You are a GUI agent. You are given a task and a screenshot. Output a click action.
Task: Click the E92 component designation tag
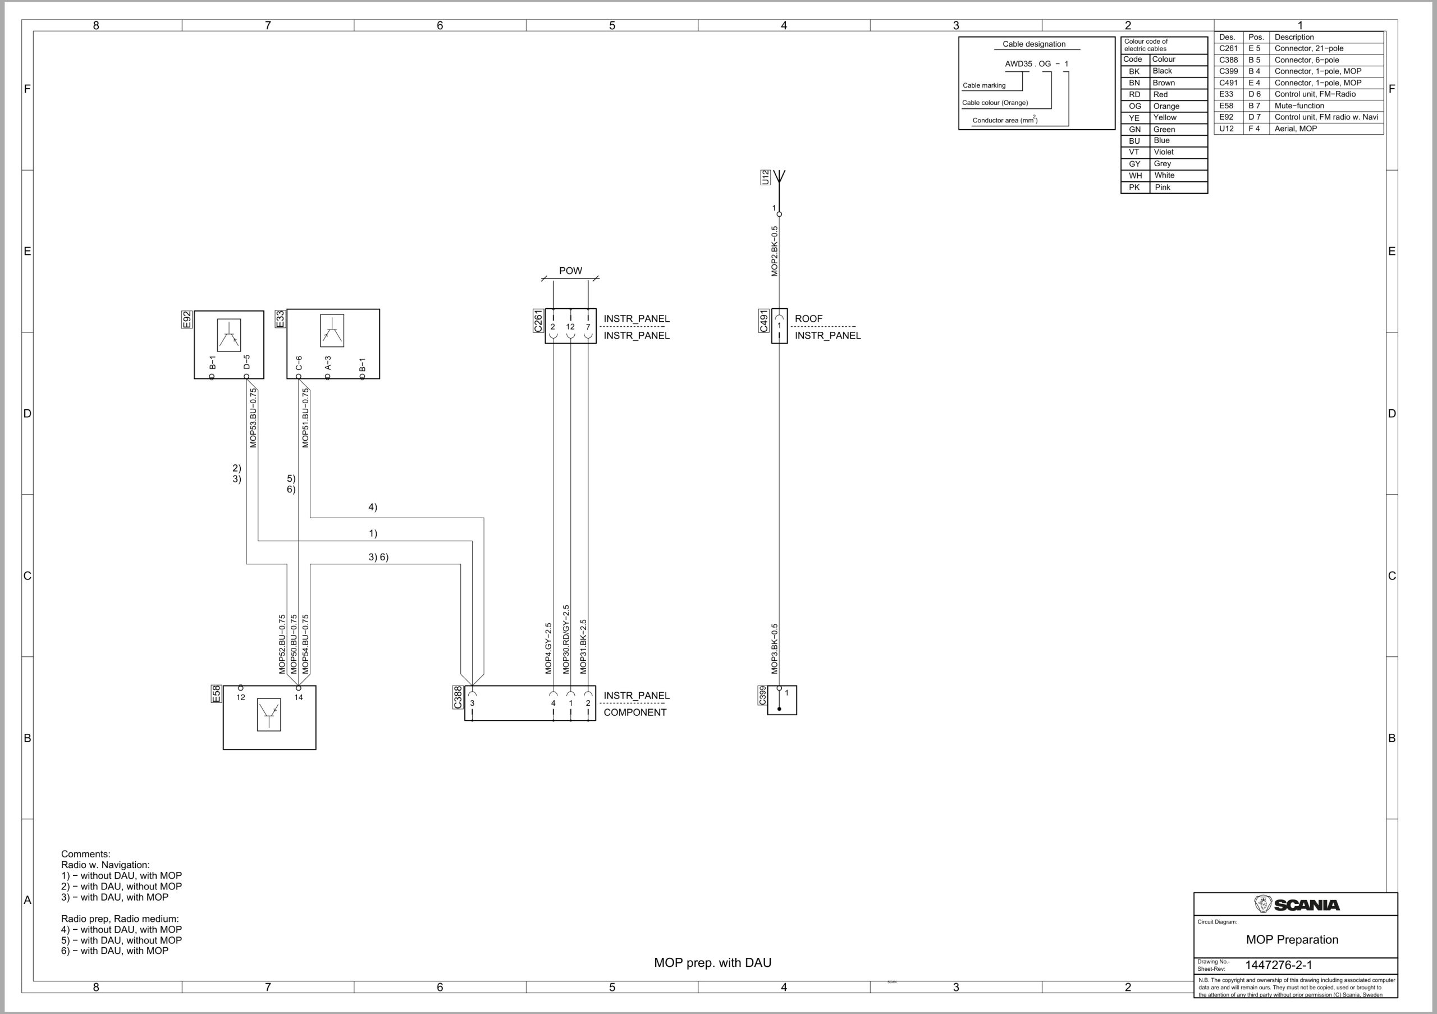point(186,319)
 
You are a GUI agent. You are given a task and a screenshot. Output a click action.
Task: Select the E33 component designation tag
point(280,318)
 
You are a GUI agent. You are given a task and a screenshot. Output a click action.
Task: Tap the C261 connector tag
point(538,321)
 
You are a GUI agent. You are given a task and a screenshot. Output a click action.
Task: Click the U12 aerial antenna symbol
point(779,177)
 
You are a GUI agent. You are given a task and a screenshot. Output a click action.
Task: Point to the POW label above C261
point(570,271)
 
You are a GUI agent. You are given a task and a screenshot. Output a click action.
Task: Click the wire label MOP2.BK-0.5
point(774,251)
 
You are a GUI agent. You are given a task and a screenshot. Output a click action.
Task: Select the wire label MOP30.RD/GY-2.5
point(566,639)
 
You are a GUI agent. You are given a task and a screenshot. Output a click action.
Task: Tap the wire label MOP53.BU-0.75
point(253,418)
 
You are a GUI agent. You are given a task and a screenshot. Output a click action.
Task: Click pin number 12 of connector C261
point(570,327)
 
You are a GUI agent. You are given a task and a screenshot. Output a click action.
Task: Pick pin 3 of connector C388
point(473,703)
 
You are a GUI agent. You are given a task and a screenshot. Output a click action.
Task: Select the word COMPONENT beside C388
point(635,712)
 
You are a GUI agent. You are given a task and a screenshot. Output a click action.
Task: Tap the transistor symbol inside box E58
point(269,715)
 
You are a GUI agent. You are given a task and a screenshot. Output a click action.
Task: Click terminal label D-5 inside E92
point(246,362)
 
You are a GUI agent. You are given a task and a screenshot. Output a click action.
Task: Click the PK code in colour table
point(1134,187)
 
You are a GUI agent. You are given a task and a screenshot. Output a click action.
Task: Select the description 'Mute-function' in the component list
point(1299,106)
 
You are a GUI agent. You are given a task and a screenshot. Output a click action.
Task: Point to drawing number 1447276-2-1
point(1278,965)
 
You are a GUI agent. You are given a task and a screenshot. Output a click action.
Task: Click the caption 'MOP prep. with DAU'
point(712,963)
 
